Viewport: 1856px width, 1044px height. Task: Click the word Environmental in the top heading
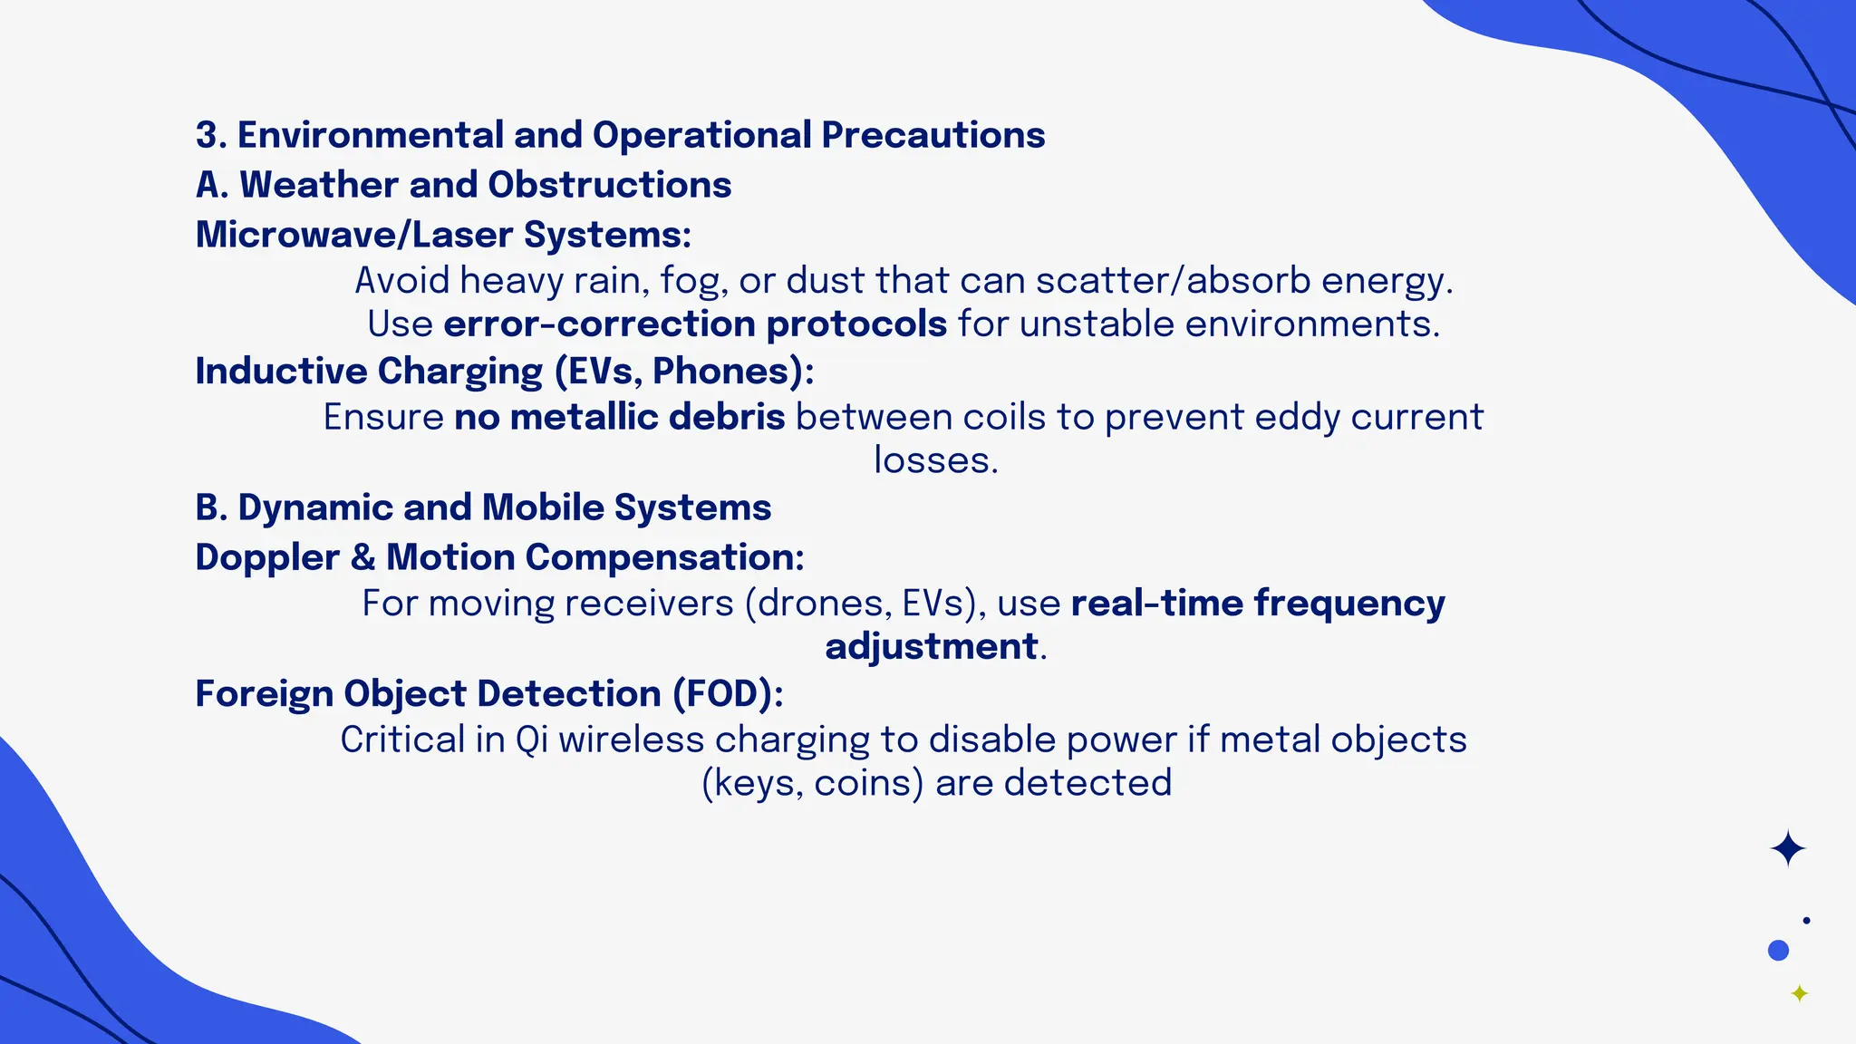pyautogui.click(x=370, y=135)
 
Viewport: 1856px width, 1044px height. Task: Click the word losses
pyautogui.click(x=934, y=460)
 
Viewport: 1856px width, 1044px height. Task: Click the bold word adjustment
pyautogui.click(x=931, y=647)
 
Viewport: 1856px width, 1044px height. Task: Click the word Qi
pyautogui.click(x=532, y=740)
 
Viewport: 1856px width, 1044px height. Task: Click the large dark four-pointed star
pyautogui.click(x=1787, y=849)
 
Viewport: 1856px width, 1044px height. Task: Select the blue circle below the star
pyautogui.click(x=1778, y=951)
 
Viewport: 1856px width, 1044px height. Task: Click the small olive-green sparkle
pyautogui.click(x=1800, y=994)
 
